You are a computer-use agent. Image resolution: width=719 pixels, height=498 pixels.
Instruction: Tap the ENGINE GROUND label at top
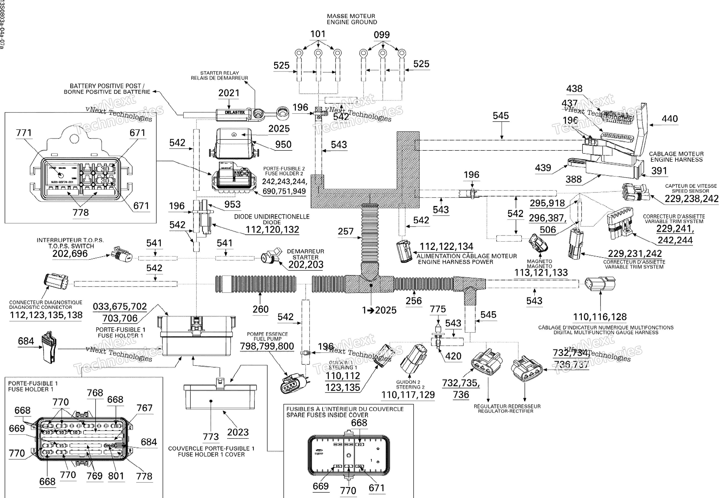pos(351,22)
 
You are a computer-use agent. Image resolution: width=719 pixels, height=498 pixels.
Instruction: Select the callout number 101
pos(318,34)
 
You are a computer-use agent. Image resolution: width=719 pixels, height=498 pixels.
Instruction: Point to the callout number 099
pos(382,35)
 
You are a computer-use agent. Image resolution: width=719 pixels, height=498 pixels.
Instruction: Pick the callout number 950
pos(283,144)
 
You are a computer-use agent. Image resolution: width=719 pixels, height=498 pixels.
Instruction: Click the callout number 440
pos(669,119)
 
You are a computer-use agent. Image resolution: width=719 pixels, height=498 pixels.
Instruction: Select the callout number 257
pos(345,231)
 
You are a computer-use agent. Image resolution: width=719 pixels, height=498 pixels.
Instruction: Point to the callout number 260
pos(260,309)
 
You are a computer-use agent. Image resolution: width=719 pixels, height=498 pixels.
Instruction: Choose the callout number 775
pos(437,309)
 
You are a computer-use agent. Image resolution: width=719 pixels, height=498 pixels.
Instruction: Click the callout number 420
pos(453,356)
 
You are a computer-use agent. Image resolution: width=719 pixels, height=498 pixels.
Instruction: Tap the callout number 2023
pos(238,432)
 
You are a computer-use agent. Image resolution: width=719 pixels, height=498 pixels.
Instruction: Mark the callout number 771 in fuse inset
pos(24,133)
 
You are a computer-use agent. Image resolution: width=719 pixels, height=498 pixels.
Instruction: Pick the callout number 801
pos(116,476)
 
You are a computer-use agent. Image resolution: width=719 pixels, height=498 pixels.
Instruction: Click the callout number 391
pos(659,171)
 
